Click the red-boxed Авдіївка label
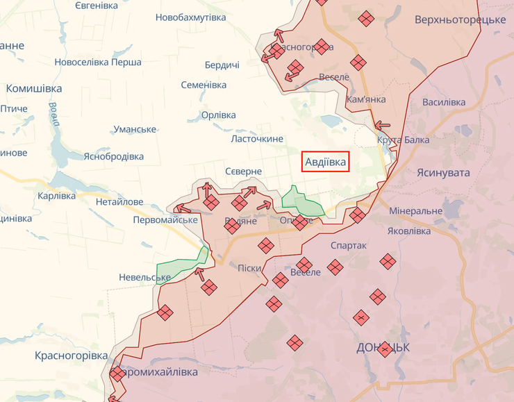click(x=326, y=162)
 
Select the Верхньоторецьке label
click(x=460, y=19)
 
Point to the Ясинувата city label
click(x=443, y=172)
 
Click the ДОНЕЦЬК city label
click(x=382, y=347)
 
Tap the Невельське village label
click(x=144, y=278)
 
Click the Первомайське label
click(x=165, y=219)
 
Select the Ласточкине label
click(x=257, y=139)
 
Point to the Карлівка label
click(x=57, y=196)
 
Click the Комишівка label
click(x=34, y=89)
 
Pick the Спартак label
click(x=349, y=246)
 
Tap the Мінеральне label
click(x=415, y=210)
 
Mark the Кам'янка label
click(x=365, y=99)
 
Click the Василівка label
click(x=444, y=102)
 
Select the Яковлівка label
click(x=410, y=231)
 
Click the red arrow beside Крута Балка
click(x=382, y=126)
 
